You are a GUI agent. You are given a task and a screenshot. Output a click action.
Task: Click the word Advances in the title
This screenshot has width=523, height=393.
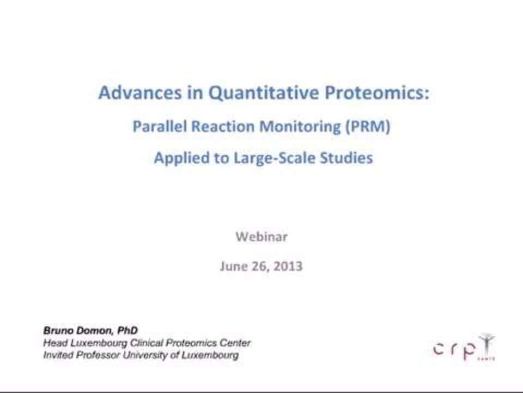tap(140, 92)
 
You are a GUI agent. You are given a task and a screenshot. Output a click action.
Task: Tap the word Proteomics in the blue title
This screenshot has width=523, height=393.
tap(377, 93)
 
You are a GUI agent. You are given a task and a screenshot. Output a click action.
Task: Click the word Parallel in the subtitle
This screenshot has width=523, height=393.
tap(160, 126)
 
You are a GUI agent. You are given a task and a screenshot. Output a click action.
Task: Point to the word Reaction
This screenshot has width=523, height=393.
tap(223, 126)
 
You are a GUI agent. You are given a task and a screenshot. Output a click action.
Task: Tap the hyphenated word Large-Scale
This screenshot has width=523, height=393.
tap(274, 158)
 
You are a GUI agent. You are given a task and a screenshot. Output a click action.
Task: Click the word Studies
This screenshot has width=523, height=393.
tap(346, 158)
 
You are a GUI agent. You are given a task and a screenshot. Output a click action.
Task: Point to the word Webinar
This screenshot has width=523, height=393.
tap(261, 236)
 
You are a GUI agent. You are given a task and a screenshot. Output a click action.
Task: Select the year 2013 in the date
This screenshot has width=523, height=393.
tap(288, 266)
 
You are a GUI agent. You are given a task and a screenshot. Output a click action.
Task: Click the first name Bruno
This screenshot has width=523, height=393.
tap(58, 331)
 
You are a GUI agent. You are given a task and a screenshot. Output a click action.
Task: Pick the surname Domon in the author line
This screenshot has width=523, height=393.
tap(95, 331)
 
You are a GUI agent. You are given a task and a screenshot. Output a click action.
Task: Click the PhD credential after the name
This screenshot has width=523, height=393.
tap(127, 331)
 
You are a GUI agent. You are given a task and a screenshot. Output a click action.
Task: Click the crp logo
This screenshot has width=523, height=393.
tap(464, 348)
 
